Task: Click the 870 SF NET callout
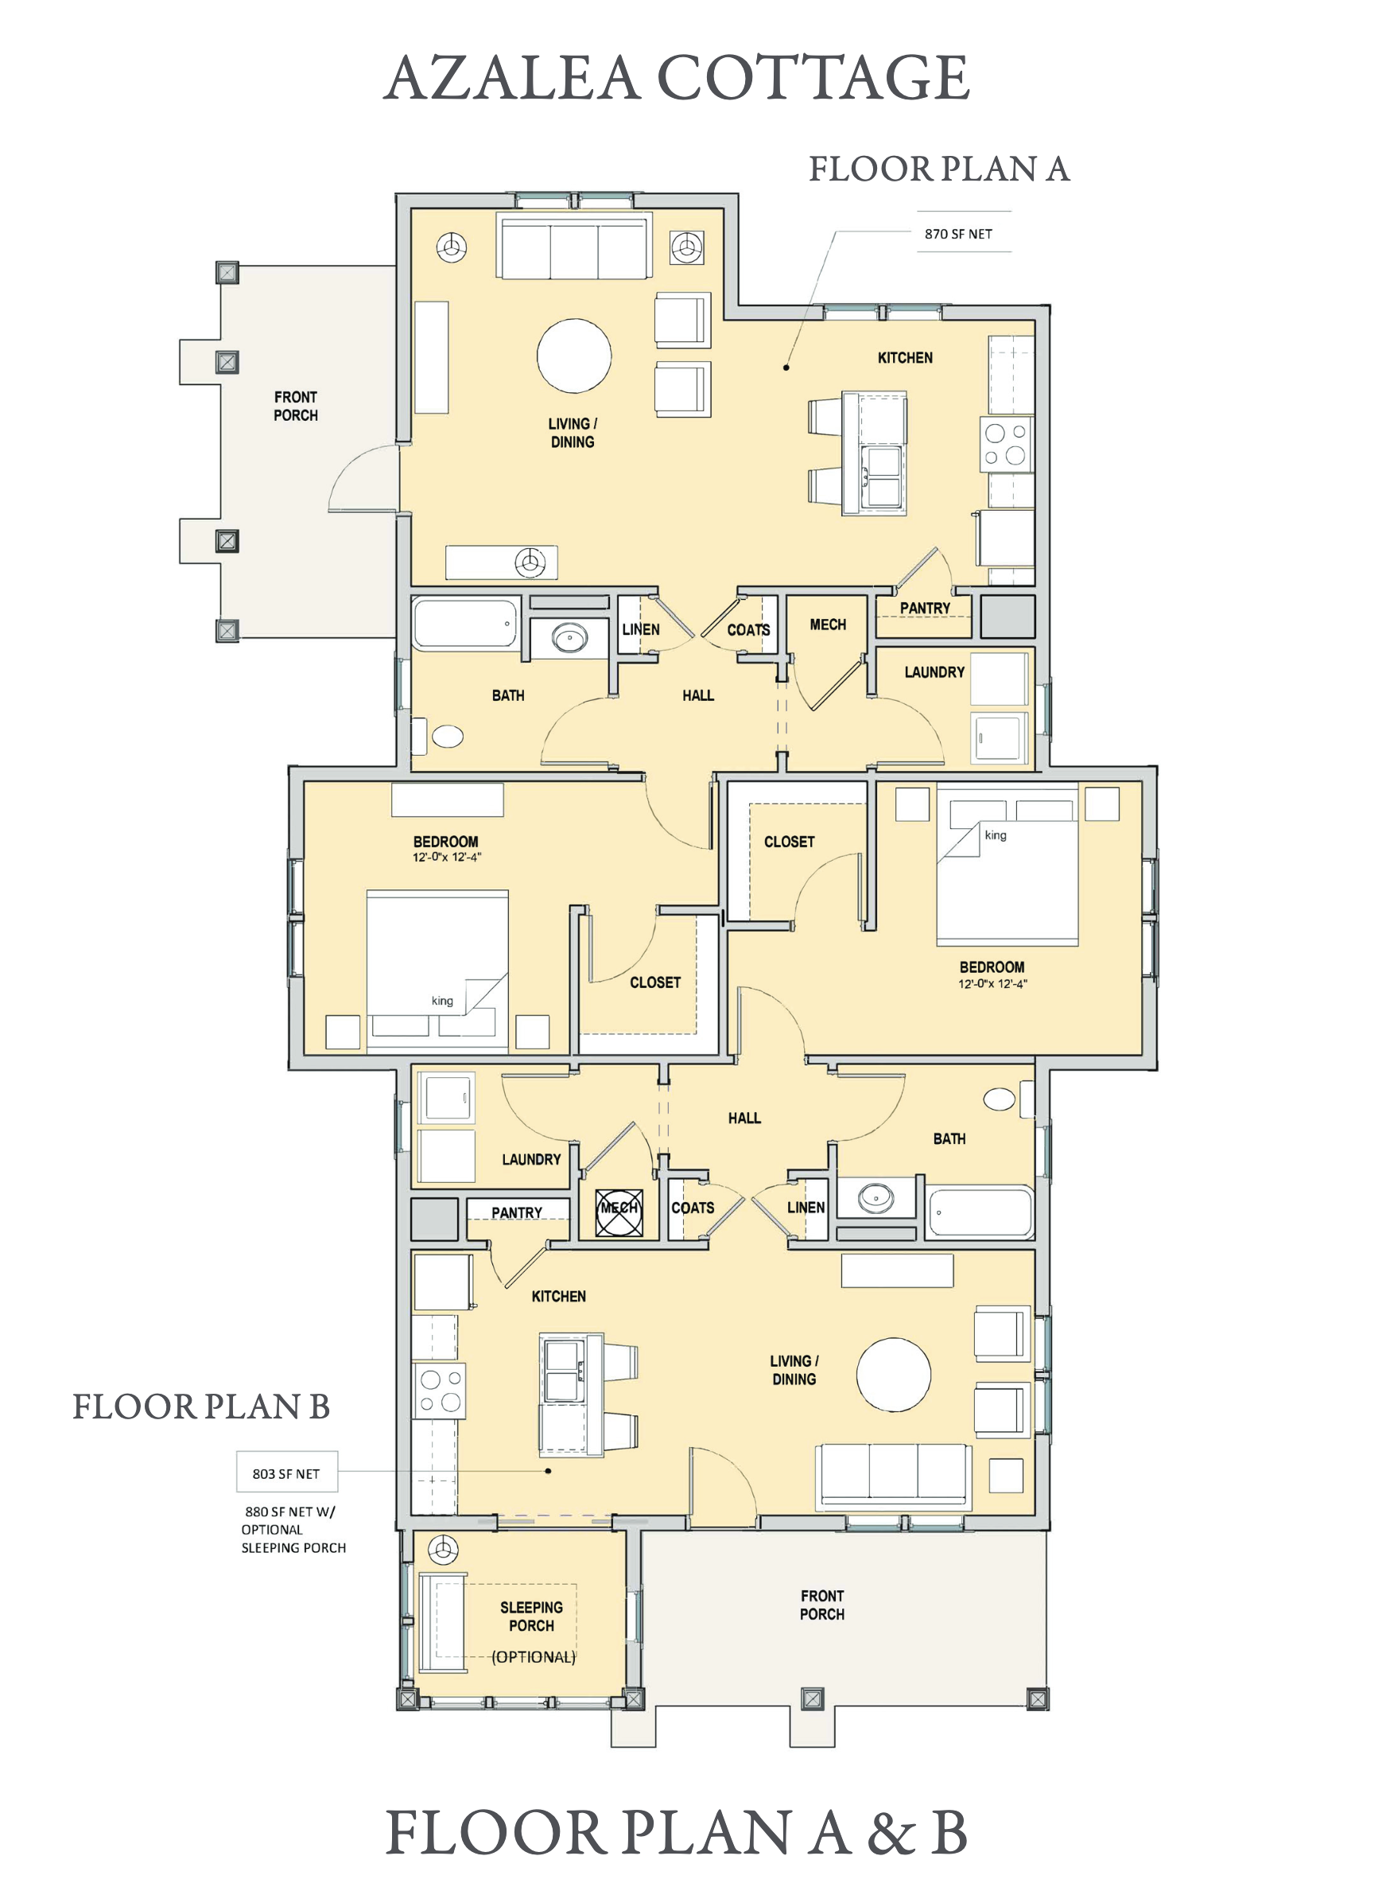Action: pos(958,234)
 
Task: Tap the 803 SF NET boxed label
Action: pos(286,1474)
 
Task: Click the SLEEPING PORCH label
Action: pos(532,1616)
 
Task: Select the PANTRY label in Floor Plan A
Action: pos(925,608)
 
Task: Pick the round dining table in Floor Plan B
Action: pos(894,1375)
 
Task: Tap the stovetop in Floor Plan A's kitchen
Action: pos(1007,445)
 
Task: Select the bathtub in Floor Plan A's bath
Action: pos(465,624)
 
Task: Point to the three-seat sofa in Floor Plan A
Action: pos(574,247)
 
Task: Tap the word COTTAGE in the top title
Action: pos(813,77)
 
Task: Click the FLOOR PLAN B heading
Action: pos(201,1406)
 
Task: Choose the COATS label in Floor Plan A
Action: pos(748,629)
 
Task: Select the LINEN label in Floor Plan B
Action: pos(806,1207)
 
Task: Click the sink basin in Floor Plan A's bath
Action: pos(569,637)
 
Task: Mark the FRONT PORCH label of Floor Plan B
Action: pos(822,1605)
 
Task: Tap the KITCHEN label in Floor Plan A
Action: pos(906,358)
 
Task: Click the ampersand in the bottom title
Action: pos(890,1833)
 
